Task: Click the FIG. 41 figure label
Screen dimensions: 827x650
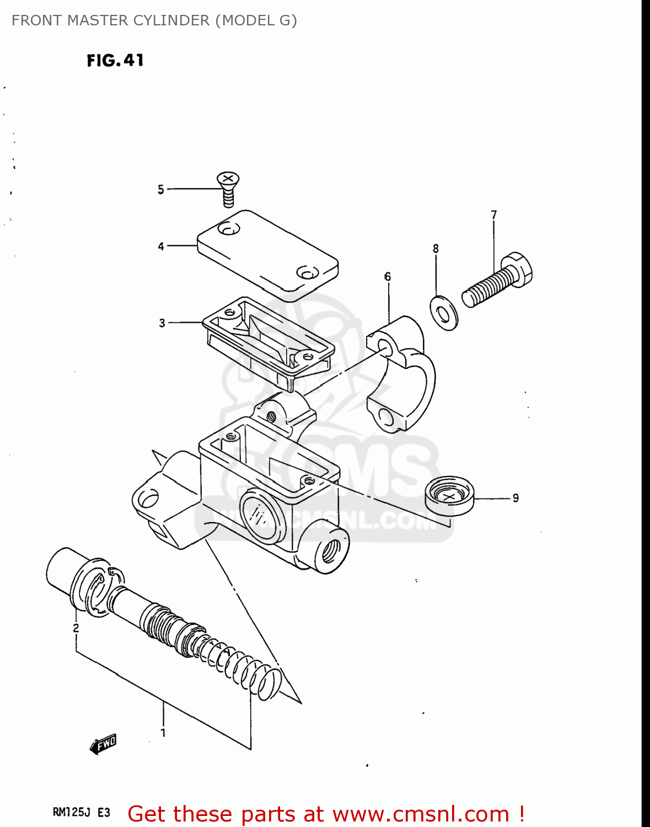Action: [x=115, y=60]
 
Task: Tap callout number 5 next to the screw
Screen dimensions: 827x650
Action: [x=160, y=190]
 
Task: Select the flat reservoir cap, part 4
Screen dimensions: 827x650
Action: [x=268, y=255]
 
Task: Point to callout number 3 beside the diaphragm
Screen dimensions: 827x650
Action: [x=162, y=323]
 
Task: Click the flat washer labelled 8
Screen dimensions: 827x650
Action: [x=444, y=313]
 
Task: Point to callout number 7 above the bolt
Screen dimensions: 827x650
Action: [x=494, y=215]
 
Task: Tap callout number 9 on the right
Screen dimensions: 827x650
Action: [x=515, y=498]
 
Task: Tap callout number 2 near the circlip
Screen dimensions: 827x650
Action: [x=76, y=628]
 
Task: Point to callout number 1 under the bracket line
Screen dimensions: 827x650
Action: [x=163, y=733]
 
